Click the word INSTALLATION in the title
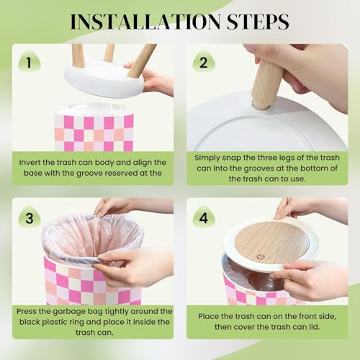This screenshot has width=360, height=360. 145,22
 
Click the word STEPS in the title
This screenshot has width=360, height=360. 258,22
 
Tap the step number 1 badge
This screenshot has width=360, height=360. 30,62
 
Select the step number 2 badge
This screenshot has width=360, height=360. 204,62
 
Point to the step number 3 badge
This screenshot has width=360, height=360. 30,217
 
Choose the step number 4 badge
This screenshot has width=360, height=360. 204,217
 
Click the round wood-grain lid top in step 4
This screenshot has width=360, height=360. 271,242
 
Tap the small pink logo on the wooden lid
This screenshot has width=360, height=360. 260,257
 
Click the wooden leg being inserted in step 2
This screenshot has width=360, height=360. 266,84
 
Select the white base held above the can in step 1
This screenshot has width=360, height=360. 104,78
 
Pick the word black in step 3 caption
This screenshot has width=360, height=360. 30,322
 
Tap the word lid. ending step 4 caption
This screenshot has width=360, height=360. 314,327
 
